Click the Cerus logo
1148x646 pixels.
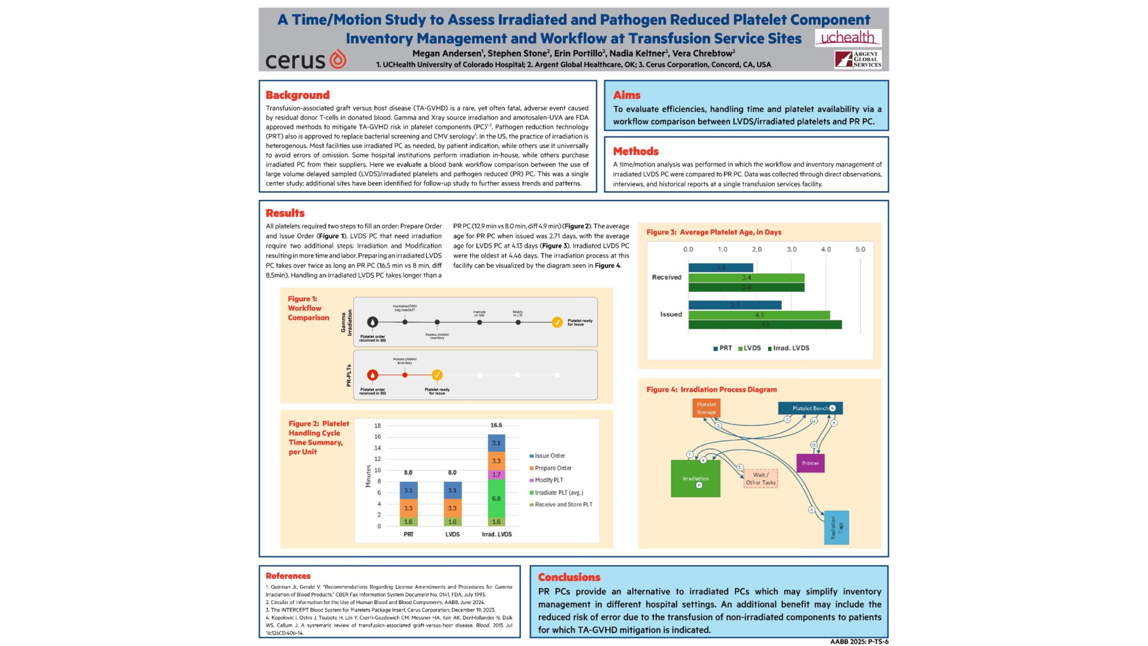click(x=306, y=60)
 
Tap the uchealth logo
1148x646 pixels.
click(x=848, y=38)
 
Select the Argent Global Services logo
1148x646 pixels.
click(x=858, y=60)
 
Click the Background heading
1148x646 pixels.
click(x=297, y=95)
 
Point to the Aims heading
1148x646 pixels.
click(x=626, y=95)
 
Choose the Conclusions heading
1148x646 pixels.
click(x=569, y=577)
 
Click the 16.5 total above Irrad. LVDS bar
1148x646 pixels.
click(x=496, y=425)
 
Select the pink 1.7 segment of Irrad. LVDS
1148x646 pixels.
click(x=496, y=474)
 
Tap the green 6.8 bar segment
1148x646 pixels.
click(x=496, y=498)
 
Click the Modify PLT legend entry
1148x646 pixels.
click(x=548, y=480)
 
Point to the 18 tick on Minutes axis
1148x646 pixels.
click(x=377, y=425)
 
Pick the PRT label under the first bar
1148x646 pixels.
click(x=408, y=534)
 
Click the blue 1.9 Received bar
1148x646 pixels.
click(x=720, y=268)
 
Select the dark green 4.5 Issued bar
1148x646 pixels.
click(x=765, y=324)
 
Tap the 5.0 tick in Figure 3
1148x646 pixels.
click(x=860, y=249)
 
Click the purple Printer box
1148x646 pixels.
click(x=810, y=463)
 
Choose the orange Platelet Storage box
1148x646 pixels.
click(x=706, y=408)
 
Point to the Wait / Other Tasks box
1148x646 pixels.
click(x=761, y=478)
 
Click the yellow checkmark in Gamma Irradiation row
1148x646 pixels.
click(x=557, y=322)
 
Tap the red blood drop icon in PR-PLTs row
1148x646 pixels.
click(x=373, y=375)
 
